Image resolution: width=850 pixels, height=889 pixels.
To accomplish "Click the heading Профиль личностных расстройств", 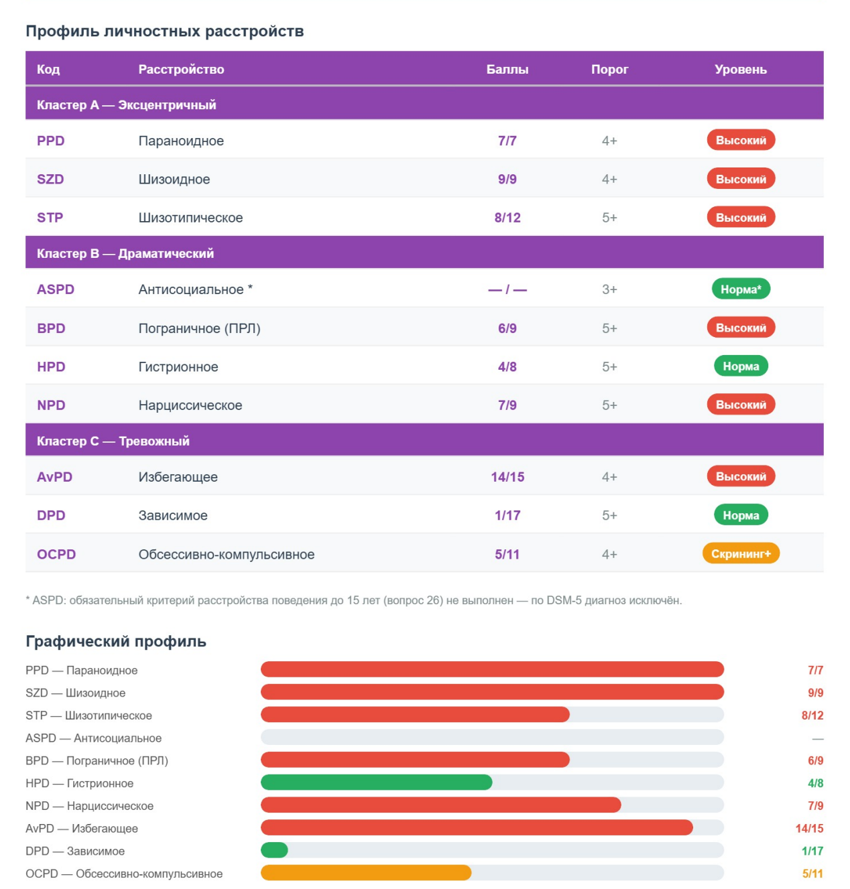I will point(164,31).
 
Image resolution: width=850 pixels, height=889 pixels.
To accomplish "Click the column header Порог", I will point(609,69).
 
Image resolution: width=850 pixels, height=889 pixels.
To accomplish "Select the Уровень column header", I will point(740,69).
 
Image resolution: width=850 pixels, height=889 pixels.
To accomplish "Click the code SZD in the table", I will point(50,179).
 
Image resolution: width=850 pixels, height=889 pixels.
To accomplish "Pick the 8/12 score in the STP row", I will point(507,218).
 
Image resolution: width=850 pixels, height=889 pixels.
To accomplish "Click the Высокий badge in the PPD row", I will point(741,141).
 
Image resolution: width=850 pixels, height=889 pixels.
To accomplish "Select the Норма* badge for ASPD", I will point(741,289).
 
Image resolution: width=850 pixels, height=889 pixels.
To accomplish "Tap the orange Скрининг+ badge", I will point(741,554).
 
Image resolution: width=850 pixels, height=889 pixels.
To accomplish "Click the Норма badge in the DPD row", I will point(741,515).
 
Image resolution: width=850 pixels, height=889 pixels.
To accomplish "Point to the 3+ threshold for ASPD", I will point(609,289).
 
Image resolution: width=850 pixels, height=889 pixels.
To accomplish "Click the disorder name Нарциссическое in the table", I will point(190,405).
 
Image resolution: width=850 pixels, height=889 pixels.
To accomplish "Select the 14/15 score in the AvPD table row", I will point(507,477).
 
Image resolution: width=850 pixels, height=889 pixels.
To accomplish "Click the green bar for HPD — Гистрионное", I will point(376,782).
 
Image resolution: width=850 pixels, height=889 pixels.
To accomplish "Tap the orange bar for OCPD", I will point(366,873).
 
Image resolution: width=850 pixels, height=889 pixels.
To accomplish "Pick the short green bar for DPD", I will point(274,850).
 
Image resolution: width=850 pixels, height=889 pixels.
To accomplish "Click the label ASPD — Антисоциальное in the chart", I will point(93,738).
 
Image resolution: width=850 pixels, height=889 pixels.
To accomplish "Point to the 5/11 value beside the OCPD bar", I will point(812,874).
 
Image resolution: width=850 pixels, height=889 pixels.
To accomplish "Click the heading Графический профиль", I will point(116,641).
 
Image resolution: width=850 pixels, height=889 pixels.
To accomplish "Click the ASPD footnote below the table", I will point(353,600).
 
